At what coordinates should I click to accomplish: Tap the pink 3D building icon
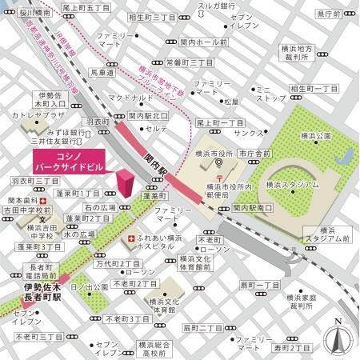[125, 182]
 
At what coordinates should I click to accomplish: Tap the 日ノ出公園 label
[90, 286]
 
